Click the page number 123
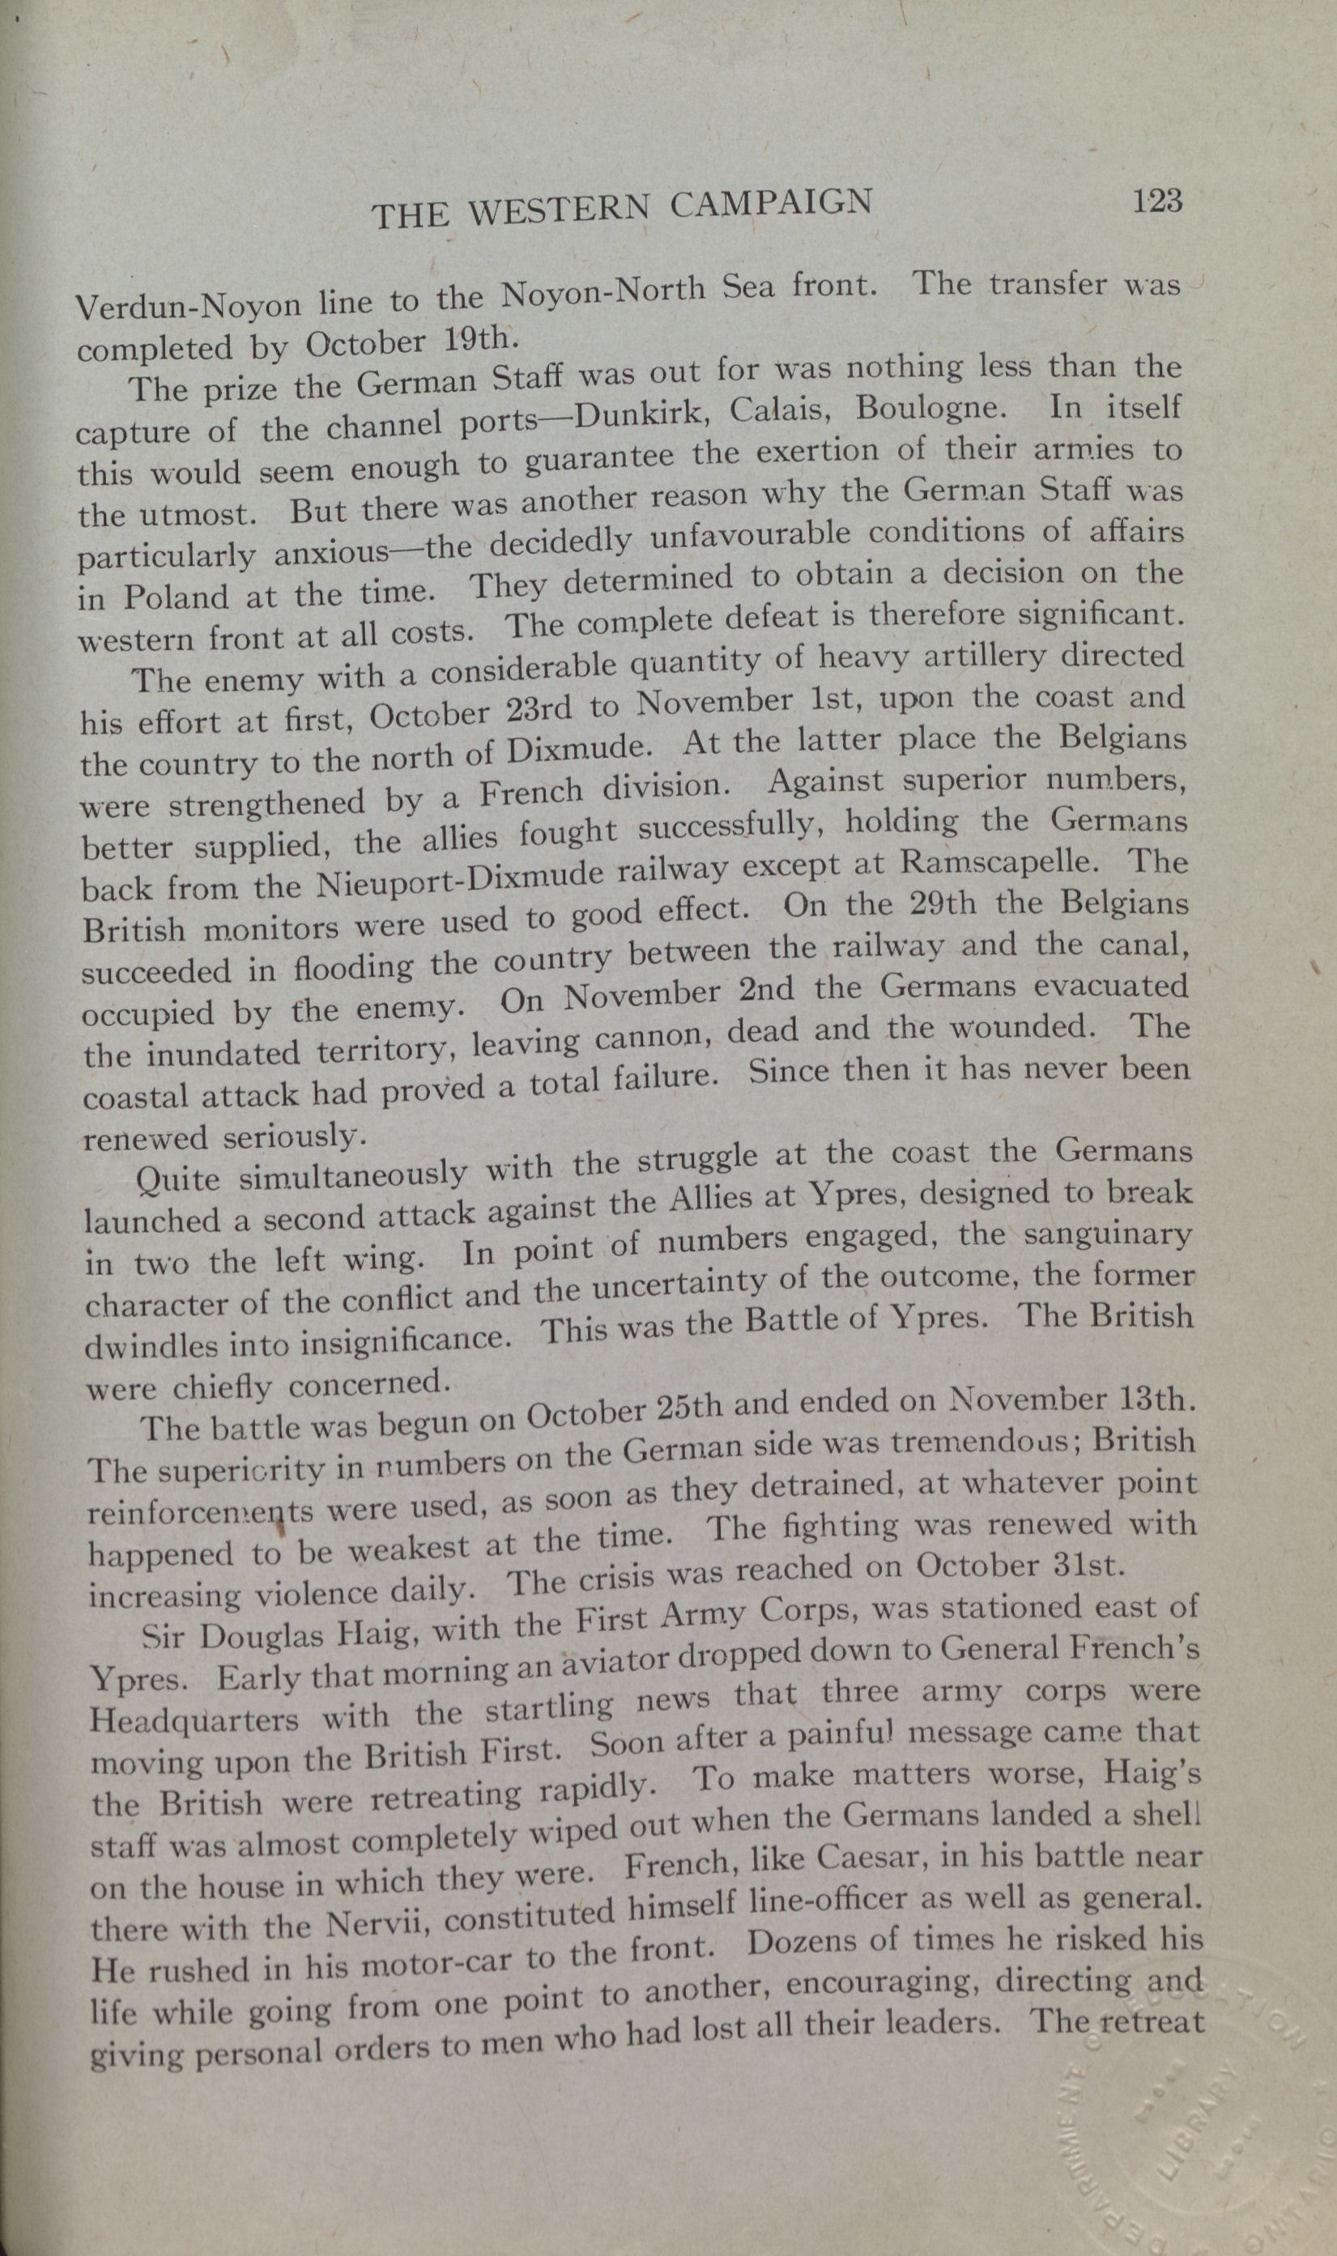[x=1158, y=199]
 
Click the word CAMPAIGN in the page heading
[x=771, y=203]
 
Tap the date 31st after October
[x=1089, y=1565]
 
